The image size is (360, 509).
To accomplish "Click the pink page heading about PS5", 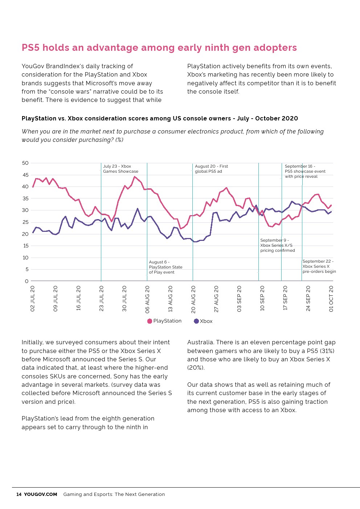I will coord(159,48).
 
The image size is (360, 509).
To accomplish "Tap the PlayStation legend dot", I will coord(150,321).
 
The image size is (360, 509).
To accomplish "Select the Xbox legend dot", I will coord(196,321).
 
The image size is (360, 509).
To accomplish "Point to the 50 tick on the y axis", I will coord(25,163).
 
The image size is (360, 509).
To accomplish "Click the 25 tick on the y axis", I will coord(25,222).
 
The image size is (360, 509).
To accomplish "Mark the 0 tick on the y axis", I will coord(26,281).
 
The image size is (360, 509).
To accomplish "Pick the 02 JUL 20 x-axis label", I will coord(33,299).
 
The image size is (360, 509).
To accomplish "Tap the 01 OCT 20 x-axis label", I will coord(331,299).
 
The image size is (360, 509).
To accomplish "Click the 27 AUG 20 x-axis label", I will coord(216,299).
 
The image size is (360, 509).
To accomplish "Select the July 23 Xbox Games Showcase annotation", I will coord(120,169).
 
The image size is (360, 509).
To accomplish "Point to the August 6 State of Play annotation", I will coord(165,267).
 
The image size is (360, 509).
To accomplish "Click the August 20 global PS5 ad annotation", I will coord(211,169).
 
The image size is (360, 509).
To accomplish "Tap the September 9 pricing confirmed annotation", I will coord(277,245).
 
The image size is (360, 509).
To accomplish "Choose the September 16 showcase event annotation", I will coord(305,171).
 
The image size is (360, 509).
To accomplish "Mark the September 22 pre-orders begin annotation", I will coord(319,266).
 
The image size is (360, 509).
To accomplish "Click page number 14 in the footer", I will coord(19,494).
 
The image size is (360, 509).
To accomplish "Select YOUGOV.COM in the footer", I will coord(41,494).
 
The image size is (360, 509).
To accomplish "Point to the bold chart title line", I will coord(160,118).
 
